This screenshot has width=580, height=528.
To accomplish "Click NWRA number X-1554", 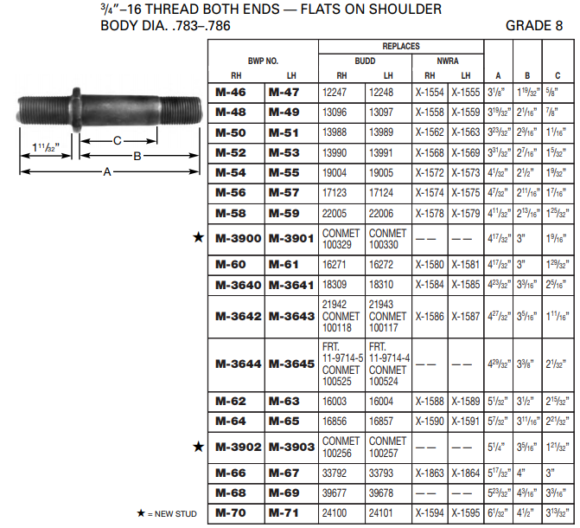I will (430, 91).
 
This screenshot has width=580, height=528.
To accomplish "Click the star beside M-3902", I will (199, 447).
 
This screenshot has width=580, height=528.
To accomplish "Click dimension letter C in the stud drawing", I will (118, 140).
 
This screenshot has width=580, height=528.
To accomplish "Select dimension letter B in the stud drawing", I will (137, 156).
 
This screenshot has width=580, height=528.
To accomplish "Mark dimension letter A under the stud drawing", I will (107, 172).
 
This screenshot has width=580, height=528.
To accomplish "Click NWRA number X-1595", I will (466, 514).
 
